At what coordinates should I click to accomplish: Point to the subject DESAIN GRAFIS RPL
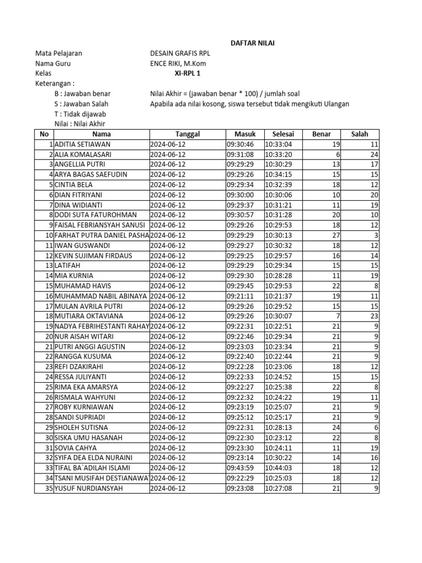(x=180, y=53)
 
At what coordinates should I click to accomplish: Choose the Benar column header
(x=321, y=134)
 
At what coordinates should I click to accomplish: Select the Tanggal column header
(x=187, y=134)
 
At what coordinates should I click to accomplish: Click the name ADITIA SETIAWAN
(x=82, y=144)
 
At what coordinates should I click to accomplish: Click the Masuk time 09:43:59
(x=241, y=468)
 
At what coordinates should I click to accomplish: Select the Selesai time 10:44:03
(x=279, y=468)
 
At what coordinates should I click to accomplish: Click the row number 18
(x=49, y=316)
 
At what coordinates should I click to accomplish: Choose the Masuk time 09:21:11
(x=241, y=296)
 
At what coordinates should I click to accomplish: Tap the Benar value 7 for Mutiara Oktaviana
(x=337, y=316)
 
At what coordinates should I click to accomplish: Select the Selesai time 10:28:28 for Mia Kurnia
(x=279, y=275)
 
